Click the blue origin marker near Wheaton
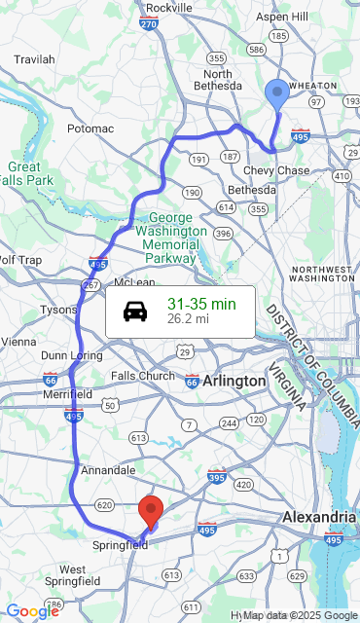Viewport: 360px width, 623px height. [277, 94]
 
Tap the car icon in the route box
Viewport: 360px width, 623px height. [135, 311]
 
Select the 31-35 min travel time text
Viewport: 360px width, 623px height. [201, 304]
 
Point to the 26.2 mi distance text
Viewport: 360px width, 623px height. [188, 318]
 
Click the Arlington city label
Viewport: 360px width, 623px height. [234, 381]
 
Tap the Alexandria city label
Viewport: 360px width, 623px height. [319, 517]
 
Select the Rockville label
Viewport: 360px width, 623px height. [169, 8]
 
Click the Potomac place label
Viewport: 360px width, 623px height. [90, 128]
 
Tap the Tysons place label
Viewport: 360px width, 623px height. [57, 310]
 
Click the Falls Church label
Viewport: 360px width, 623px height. [142, 376]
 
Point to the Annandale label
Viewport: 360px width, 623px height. [107, 470]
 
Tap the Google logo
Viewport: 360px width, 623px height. [32, 610]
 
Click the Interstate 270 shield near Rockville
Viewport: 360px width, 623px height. [149, 23]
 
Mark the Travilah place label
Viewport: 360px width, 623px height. [34, 59]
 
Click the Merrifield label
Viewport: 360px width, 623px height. [67, 394]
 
